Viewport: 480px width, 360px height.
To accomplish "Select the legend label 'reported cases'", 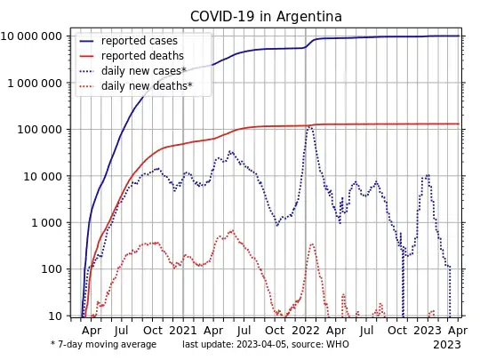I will pyautogui.click(x=139, y=41).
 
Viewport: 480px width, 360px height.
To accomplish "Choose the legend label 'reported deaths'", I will pyautogui.click(x=142, y=56).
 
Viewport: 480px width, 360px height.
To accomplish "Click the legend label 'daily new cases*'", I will pyautogui.click(x=143, y=71).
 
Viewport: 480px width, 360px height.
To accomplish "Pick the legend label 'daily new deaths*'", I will pyautogui.click(x=147, y=86).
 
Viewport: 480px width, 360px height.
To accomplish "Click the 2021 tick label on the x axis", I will pyautogui.click(x=183, y=329).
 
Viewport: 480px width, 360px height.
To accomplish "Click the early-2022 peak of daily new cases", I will pyautogui.click(x=310, y=126).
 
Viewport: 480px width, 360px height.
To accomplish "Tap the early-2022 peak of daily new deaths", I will pyautogui.click(x=312, y=244).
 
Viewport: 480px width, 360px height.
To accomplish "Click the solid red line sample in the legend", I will pyautogui.click(x=86, y=56).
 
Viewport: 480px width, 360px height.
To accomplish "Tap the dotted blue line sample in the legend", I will pyautogui.click(x=86, y=71).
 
